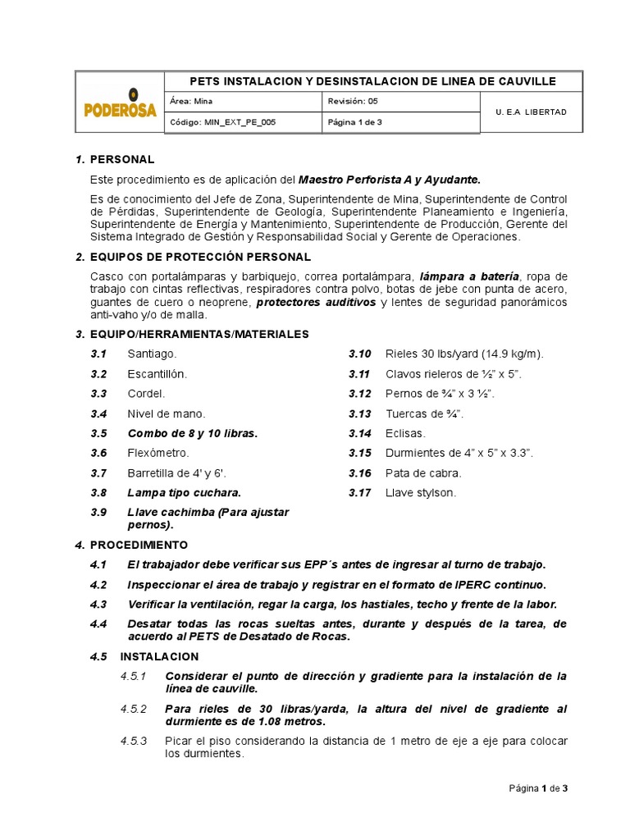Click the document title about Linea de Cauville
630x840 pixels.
point(372,81)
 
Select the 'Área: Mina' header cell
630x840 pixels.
point(244,102)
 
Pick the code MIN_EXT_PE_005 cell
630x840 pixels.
point(244,122)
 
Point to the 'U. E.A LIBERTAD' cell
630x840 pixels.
point(531,112)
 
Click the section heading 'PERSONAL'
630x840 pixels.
point(122,159)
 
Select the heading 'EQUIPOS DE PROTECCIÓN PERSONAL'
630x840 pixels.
point(200,258)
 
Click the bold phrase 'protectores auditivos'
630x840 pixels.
point(316,302)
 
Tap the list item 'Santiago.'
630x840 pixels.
point(152,354)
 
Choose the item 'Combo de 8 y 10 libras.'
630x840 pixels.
point(192,433)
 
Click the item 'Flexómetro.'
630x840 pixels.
point(158,453)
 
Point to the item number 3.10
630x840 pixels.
point(359,354)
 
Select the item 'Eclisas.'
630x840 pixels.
point(405,433)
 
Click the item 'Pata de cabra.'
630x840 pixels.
point(423,472)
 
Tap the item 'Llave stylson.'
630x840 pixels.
point(420,493)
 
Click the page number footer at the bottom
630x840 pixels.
point(537,788)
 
